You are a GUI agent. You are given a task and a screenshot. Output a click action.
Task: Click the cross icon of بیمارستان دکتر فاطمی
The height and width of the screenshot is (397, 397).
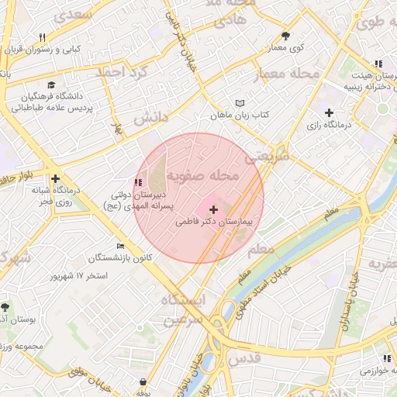213,209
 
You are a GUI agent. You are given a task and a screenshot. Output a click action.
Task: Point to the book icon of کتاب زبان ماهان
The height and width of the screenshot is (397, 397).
240,103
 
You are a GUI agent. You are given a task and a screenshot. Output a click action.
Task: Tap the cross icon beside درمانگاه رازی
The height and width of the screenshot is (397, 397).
330,112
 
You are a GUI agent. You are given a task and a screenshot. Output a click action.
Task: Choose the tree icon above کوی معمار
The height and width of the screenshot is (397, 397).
285,36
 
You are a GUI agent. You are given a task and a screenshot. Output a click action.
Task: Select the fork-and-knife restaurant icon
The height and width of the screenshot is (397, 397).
42,36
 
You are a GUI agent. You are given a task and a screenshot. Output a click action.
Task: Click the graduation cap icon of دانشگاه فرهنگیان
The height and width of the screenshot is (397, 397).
51,85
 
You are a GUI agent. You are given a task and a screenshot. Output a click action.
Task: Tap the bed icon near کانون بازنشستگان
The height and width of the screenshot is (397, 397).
119,246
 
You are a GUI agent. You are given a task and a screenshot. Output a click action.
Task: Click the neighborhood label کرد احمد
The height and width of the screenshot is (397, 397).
119,72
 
